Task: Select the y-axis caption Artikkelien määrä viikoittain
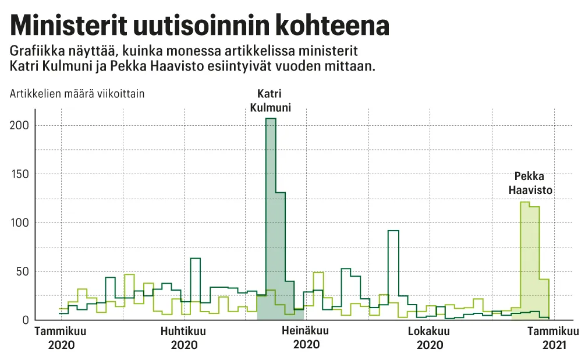77,93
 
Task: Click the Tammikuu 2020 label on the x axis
61,338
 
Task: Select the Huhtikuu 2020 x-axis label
184,338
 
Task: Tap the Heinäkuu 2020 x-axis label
306,338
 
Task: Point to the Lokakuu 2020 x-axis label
430,338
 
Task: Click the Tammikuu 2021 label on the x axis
553,338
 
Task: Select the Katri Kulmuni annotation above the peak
271,100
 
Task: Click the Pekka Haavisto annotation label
530,183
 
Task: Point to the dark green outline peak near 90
393,262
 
